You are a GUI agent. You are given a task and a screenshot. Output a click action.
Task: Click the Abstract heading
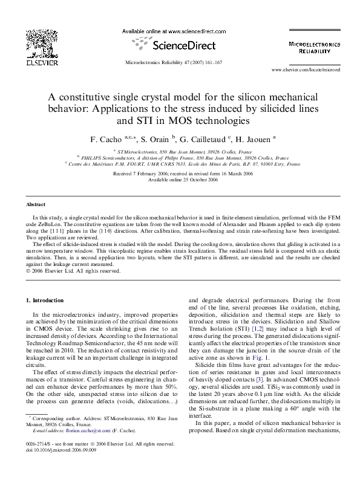36,205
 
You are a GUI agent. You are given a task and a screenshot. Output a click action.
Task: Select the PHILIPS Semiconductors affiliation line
182,157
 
